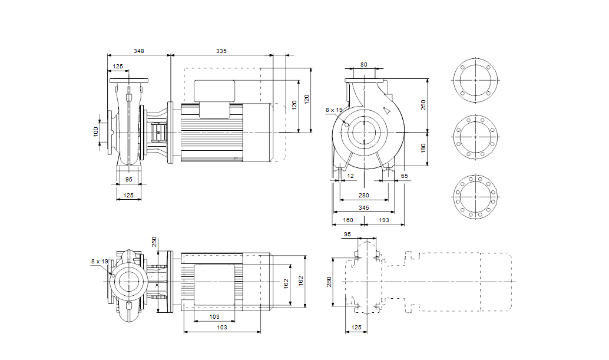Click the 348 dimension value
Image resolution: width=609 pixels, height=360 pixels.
click(138, 52)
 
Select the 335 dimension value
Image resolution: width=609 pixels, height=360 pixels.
click(221, 52)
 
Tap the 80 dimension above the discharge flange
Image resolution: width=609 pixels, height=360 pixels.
click(363, 65)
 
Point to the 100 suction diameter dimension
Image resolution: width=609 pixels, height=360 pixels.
click(97, 131)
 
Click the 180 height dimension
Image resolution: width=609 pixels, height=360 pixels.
click(423, 148)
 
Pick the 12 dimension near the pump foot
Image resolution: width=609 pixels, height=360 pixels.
click(351, 176)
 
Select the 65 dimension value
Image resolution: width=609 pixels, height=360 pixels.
click(404, 176)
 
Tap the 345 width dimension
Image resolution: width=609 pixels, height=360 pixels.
click(363, 209)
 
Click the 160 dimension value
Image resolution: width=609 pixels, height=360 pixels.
click(347, 220)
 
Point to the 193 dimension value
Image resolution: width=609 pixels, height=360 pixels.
click(383, 220)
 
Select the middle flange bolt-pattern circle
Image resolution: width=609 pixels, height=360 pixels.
click(475, 137)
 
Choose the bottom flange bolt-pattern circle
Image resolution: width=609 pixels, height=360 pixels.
click(475, 195)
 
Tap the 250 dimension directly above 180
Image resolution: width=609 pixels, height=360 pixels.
click(423, 104)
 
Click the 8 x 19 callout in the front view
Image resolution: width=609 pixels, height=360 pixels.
click(333, 110)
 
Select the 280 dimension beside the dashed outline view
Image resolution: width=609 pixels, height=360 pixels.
click(329, 282)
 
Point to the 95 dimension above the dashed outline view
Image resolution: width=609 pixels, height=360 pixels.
click(347, 235)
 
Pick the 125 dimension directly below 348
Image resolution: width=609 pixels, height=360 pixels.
click(118, 67)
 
